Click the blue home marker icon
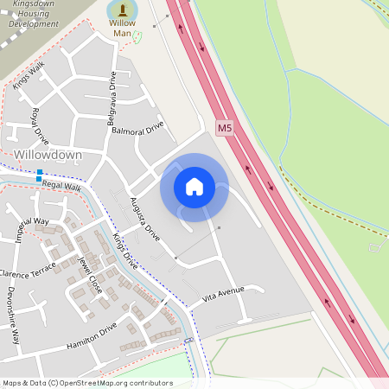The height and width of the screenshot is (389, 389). (194, 187)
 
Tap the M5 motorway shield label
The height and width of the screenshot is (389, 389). (225, 128)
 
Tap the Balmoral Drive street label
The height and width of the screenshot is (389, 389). (137, 130)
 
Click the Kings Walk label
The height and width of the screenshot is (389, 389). (29, 75)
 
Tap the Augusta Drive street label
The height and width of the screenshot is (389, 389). (144, 220)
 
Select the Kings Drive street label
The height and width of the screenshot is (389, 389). (125, 252)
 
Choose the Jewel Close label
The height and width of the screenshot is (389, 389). (90, 275)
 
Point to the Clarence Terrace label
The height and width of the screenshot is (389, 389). (29, 274)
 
